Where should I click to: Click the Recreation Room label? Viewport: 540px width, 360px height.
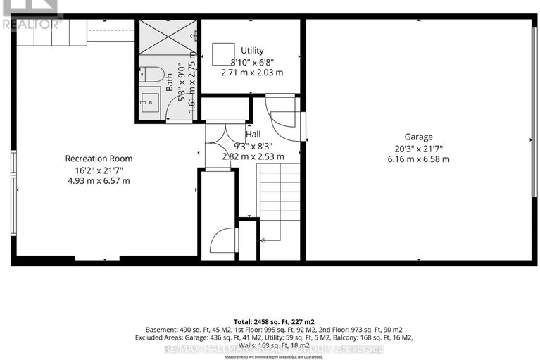pyautogui.click(x=99, y=159)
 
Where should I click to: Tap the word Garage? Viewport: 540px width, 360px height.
pyautogui.click(x=418, y=137)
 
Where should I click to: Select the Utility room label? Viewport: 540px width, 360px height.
pyautogui.click(x=252, y=50)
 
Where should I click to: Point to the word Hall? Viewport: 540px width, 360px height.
pyautogui.click(x=253, y=134)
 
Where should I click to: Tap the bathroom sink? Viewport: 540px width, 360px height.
pyautogui.click(x=149, y=101)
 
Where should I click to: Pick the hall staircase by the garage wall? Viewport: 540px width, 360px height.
pyautogui.click(x=280, y=200)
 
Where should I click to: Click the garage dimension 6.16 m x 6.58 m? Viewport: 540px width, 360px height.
pyautogui.click(x=418, y=159)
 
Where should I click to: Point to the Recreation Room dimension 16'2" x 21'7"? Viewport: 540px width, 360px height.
pyautogui.click(x=99, y=170)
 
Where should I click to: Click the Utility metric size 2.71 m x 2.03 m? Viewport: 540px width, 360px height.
pyautogui.click(x=252, y=73)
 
